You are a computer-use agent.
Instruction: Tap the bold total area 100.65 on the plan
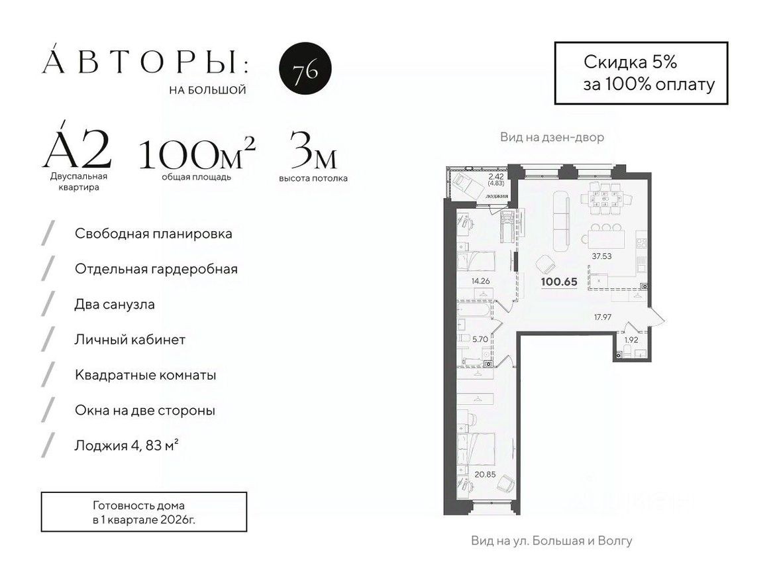coord(559,282)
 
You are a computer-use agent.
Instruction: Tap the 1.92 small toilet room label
coord(631,341)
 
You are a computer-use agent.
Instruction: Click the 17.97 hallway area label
coord(602,317)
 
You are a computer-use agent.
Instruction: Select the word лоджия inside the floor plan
coord(496,197)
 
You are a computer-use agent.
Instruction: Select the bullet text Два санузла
coord(115,304)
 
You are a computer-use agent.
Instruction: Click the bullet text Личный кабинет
coord(130,340)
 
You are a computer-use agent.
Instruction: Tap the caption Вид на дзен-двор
coord(552,138)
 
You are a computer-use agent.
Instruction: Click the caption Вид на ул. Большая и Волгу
coord(551,541)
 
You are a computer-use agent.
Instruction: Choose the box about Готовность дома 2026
coord(144,511)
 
